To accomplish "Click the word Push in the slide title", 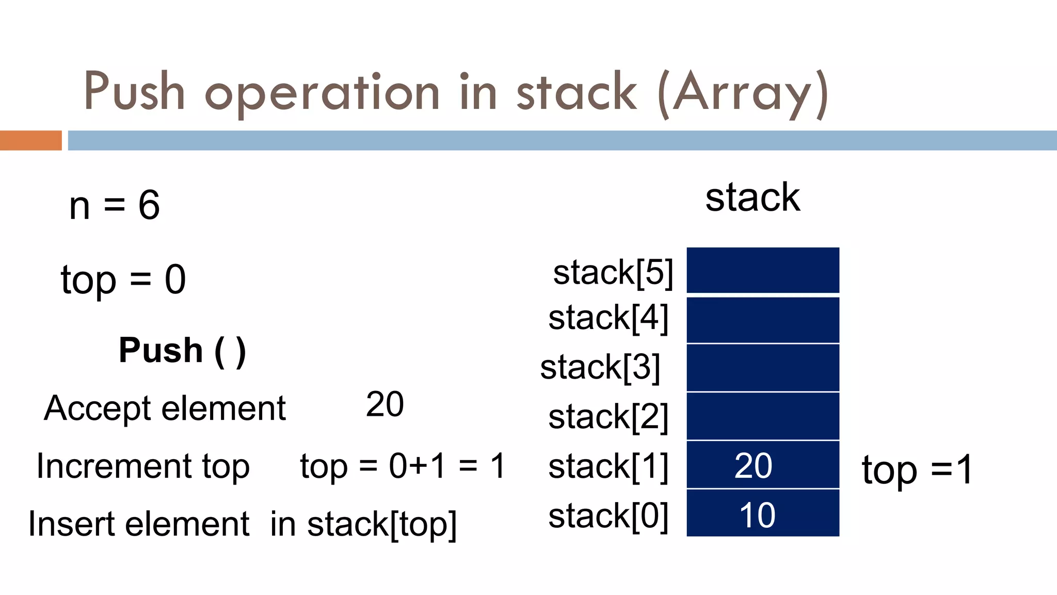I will [x=134, y=92].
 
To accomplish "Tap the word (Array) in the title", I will [x=743, y=93].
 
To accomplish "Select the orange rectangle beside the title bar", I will [x=30, y=140].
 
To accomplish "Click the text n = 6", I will [x=115, y=205].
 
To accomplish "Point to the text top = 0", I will [x=123, y=280].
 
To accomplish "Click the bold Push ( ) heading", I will [x=182, y=351].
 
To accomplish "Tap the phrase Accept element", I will [x=165, y=409].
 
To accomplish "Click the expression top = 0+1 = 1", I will [x=403, y=466].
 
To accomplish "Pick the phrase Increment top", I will [x=143, y=466].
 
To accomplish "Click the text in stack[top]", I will [x=363, y=524].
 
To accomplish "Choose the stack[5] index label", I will [x=613, y=272].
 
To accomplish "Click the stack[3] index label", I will [x=600, y=367].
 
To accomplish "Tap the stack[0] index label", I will [x=608, y=515].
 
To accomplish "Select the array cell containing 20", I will [x=763, y=465].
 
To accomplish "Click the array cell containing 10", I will [x=763, y=513].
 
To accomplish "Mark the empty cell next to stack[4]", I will [x=763, y=320].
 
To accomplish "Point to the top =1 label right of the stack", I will [x=917, y=469].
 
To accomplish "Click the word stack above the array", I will [x=752, y=197].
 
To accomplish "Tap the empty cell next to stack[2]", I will [x=763, y=416].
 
